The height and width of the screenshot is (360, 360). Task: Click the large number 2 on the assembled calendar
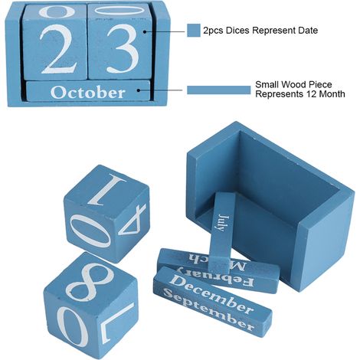59,48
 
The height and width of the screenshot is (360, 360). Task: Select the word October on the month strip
88,93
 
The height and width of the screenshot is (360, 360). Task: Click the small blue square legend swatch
194,31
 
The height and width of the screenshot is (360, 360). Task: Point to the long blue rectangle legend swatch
219,90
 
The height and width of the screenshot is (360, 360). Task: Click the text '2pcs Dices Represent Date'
260,31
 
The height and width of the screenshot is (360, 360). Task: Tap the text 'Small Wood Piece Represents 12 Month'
300,89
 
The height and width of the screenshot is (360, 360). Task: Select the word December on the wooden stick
211,293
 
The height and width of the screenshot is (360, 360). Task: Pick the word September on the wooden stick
208,309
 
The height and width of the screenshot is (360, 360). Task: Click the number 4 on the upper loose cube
133,219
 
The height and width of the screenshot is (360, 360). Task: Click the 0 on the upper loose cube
90,231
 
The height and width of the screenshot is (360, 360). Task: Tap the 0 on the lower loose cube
72,327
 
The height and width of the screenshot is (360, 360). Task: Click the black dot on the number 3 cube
145,31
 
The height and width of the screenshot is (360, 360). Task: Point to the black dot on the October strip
139,90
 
